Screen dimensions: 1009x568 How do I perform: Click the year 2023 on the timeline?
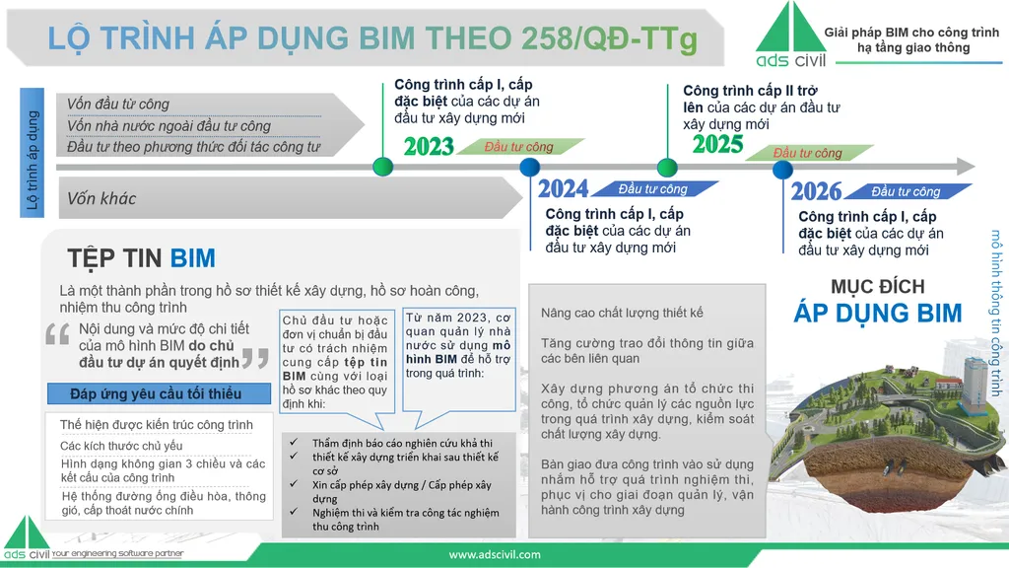[x=429, y=147]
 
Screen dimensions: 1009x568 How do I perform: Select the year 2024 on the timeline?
[x=563, y=188]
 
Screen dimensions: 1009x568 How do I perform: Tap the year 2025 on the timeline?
[x=717, y=144]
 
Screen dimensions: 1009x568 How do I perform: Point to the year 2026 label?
[x=816, y=191]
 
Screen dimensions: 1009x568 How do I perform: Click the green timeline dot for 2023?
[x=383, y=167]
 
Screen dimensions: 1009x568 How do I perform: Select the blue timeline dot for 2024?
[x=529, y=167]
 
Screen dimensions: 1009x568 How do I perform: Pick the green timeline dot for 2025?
[x=667, y=168]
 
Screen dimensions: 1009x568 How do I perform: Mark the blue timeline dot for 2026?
[x=782, y=170]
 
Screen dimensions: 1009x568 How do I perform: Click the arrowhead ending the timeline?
[x=966, y=166]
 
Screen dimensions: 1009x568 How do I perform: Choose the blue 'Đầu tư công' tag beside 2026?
[x=907, y=191]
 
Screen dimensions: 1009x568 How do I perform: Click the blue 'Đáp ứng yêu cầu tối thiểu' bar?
[x=159, y=393]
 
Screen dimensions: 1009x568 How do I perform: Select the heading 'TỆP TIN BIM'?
[x=142, y=258]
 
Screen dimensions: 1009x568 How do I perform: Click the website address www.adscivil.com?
[x=495, y=554]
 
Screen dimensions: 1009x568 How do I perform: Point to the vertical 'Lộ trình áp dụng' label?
[x=33, y=153]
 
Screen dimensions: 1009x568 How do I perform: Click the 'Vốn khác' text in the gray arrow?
[x=101, y=198]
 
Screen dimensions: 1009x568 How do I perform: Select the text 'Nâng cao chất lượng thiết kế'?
[x=622, y=313]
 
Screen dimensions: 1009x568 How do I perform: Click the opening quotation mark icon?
[x=57, y=334]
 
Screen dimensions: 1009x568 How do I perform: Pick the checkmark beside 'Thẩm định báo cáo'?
[x=294, y=443]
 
